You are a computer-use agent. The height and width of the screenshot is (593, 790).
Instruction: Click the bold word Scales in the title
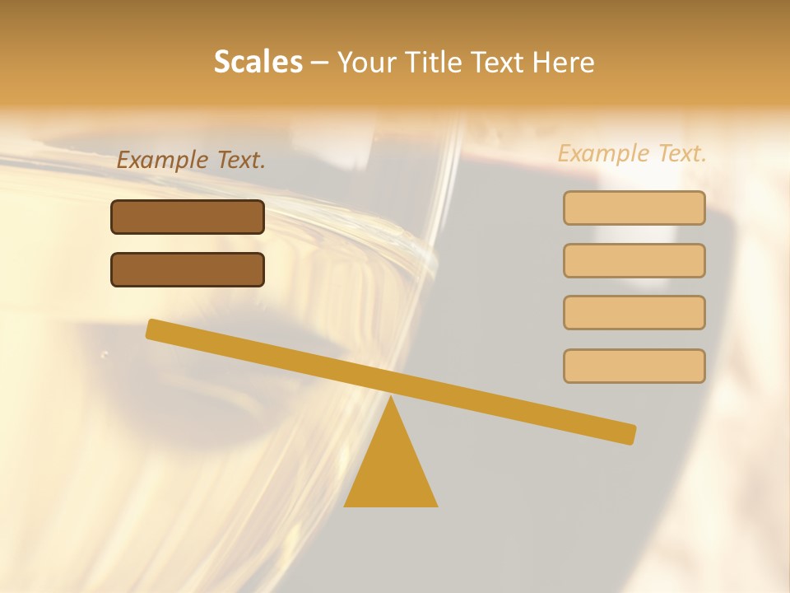(x=258, y=62)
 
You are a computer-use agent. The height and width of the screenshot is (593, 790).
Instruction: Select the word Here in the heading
(x=565, y=62)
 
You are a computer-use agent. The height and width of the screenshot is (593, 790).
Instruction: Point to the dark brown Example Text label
(x=191, y=160)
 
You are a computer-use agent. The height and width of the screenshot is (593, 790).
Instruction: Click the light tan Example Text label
(x=632, y=153)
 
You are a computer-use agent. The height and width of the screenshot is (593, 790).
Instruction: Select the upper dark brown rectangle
(x=188, y=217)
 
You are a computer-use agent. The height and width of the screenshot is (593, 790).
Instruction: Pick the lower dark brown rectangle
(x=188, y=269)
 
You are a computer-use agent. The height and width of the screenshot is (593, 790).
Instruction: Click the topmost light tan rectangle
(x=634, y=208)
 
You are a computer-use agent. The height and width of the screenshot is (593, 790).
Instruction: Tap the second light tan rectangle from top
(x=634, y=260)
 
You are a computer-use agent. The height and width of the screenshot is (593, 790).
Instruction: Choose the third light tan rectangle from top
(x=634, y=313)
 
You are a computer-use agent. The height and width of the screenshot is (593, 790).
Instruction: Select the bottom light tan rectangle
(x=634, y=366)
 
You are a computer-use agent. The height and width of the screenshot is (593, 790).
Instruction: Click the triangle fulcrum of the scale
(x=391, y=469)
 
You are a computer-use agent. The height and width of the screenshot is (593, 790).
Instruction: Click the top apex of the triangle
(x=391, y=398)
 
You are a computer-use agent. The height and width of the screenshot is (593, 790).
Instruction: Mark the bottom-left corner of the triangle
(x=346, y=505)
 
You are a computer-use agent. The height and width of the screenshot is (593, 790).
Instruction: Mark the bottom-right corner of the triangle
(x=436, y=505)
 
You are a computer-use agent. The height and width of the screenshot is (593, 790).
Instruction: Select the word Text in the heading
(x=500, y=62)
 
